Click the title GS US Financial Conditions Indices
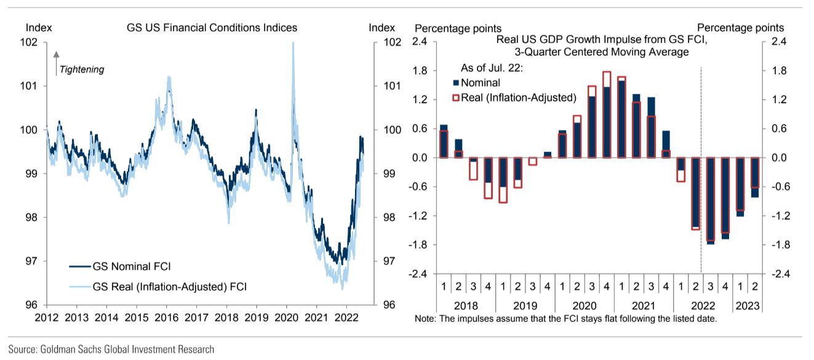pos(212,28)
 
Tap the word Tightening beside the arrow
pos(82,70)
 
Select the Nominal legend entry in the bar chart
pos(480,82)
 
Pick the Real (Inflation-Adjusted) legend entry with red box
pos(517,97)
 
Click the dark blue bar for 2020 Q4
pos(607,122)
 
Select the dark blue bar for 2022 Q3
pos(711,201)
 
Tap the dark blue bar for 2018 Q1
pos(444,142)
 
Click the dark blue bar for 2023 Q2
pos(755,177)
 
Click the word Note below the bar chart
pos(425,319)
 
